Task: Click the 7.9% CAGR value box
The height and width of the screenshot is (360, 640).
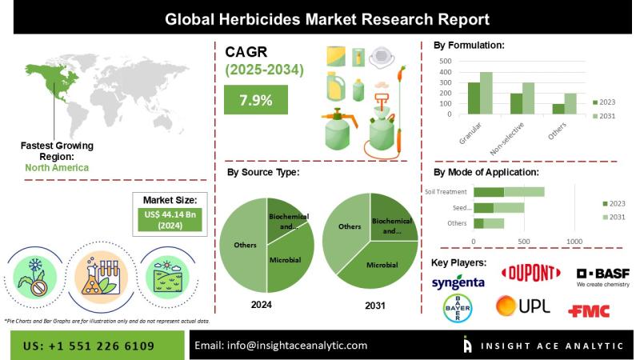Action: [x=255, y=101]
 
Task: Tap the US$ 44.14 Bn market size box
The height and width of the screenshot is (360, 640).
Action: [x=175, y=220]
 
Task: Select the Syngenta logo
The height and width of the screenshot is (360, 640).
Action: [x=458, y=282]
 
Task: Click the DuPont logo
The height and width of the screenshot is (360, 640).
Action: [x=530, y=274]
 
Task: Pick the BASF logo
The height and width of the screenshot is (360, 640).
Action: [x=602, y=277]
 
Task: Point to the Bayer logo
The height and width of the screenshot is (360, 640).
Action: [x=458, y=307]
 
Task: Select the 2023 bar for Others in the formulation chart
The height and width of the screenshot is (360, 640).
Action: [x=558, y=110]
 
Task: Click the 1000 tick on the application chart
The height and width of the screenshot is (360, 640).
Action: [x=574, y=241]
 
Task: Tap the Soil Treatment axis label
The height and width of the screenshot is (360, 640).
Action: [x=446, y=191]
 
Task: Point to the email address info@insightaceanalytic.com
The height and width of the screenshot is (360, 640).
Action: [x=281, y=346]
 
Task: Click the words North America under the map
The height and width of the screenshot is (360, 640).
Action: [x=57, y=167]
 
